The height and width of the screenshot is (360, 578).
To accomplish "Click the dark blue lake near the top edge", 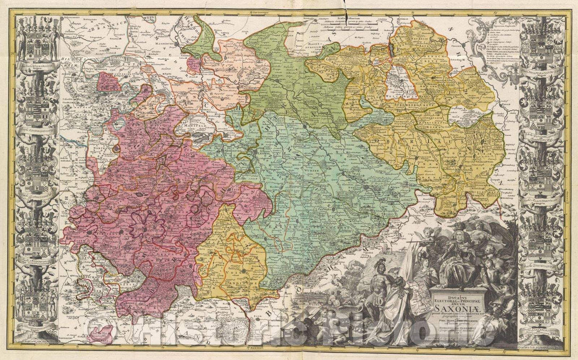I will click(x=390, y=51).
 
